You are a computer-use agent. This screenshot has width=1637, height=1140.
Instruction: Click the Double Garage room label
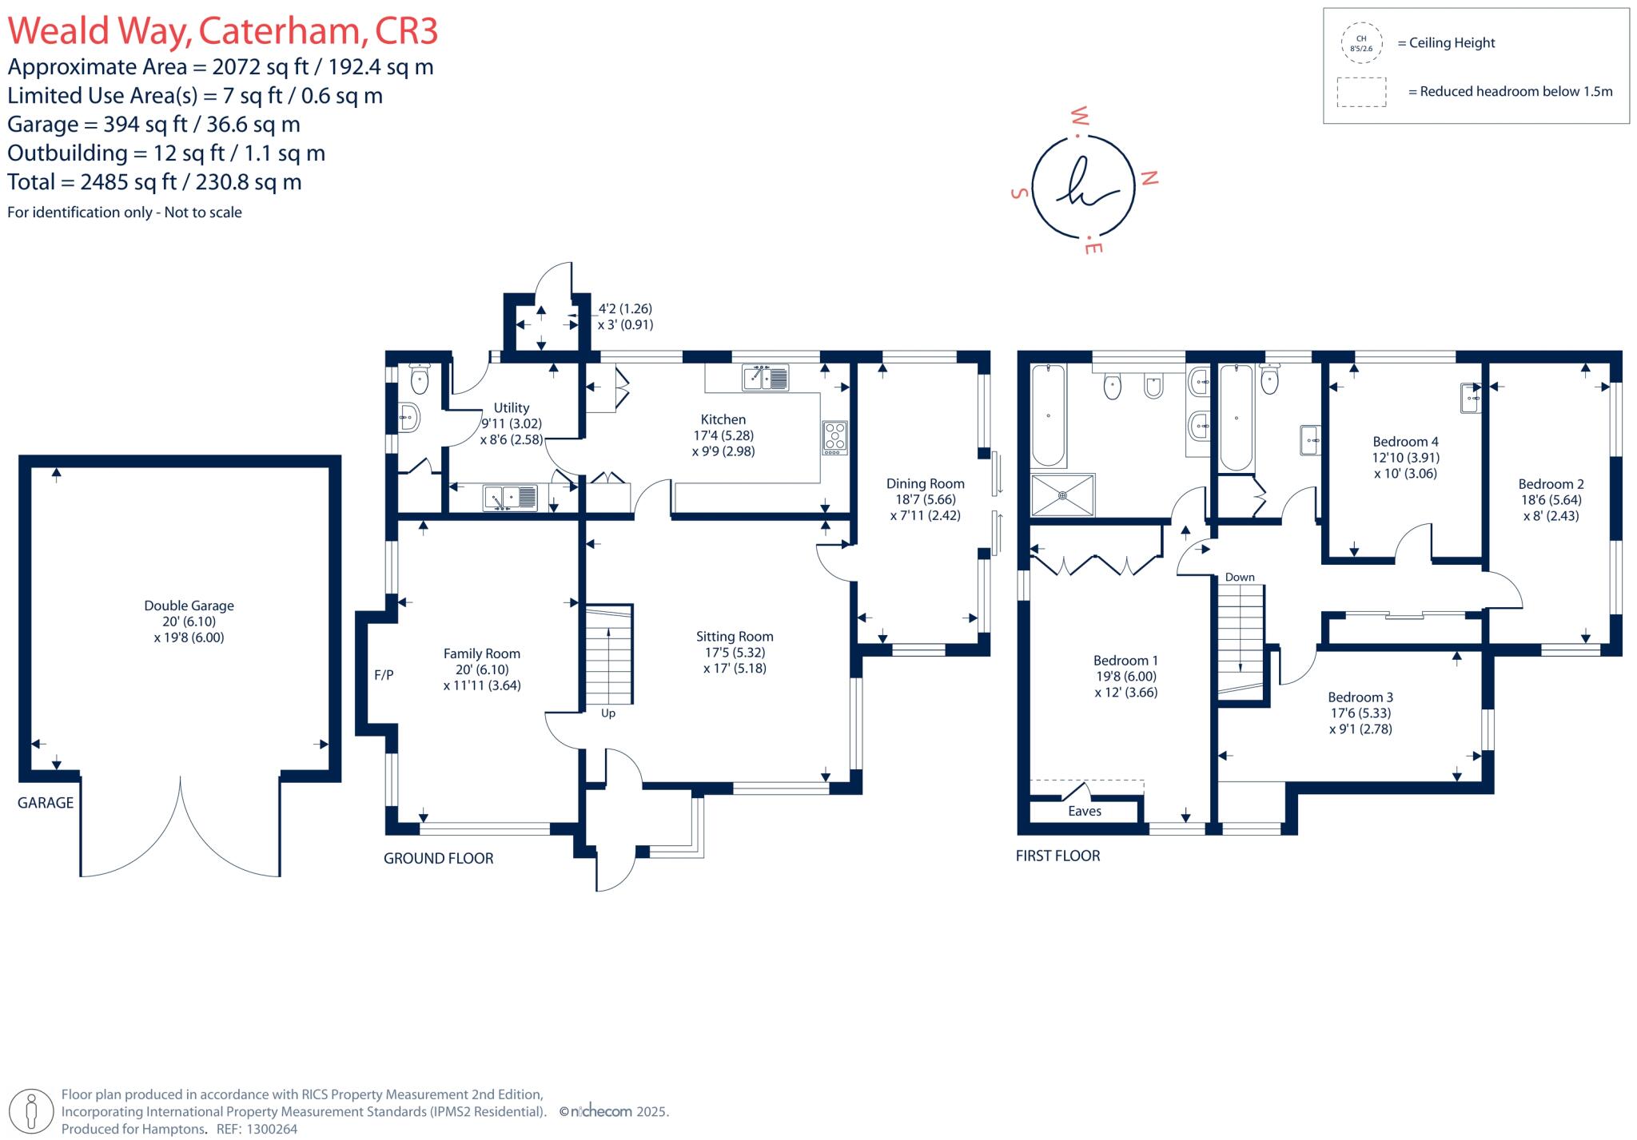[x=189, y=606]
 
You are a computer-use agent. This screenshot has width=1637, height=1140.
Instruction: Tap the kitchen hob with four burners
[x=834, y=438]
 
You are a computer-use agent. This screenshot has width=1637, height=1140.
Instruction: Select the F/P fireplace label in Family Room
[x=384, y=675]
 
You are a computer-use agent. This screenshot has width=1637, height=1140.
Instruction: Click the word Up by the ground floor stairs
[x=608, y=713]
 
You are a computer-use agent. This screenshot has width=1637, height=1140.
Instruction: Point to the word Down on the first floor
[x=1240, y=577]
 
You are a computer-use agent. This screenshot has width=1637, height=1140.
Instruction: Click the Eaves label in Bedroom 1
[x=1085, y=811]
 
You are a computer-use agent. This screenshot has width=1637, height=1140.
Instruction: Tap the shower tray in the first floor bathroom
[x=1062, y=495]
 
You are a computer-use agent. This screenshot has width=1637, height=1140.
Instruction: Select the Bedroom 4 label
[x=1405, y=442]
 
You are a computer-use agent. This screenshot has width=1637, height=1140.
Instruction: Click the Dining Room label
[x=925, y=483]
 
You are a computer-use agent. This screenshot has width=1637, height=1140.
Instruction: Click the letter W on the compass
[x=1079, y=117]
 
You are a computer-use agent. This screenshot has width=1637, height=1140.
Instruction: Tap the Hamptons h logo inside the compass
[x=1084, y=186]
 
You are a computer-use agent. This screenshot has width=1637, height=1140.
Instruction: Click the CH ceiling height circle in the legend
[x=1361, y=43]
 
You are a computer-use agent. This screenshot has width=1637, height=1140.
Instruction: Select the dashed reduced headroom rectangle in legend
[x=1361, y=92]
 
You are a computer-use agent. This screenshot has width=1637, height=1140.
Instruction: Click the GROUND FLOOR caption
[x=438, y=858]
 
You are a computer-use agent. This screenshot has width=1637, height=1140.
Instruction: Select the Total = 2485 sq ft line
[x=154, y=182]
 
